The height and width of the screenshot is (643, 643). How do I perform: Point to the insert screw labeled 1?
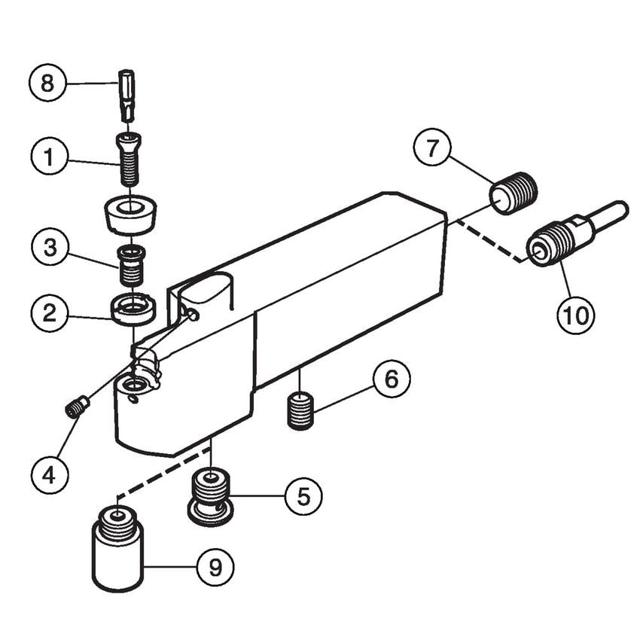point(130,159)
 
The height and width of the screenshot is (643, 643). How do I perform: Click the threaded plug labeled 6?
point(300,411)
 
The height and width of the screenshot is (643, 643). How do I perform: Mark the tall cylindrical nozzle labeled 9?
point(117,547)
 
